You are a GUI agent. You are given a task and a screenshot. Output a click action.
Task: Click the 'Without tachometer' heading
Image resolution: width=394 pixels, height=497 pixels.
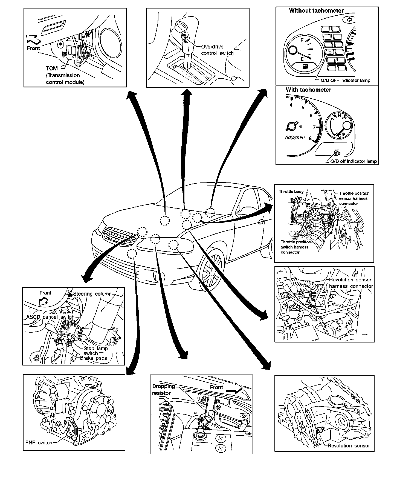pyautogui.click(x=316, y=11)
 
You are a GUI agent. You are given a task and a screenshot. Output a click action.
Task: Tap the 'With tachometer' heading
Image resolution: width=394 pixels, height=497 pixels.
pyautogui.click(x=308, y=90)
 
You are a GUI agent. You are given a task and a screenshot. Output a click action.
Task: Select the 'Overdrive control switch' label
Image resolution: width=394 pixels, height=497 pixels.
pyautogui.click(x=217, y=50)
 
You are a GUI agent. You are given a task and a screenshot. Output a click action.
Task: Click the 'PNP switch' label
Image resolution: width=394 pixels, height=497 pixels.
pyautogui.click(x=39, y=442)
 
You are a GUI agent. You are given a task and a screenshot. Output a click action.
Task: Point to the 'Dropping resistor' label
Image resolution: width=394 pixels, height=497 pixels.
pyautogui.click(x=163, y=390)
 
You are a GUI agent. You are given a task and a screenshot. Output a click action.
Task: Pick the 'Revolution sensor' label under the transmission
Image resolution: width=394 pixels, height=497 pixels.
pyautogui.click(x=349, y=446)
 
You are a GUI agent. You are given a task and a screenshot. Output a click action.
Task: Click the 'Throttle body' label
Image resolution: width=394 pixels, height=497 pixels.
pyautogui.click(x=291, y=192)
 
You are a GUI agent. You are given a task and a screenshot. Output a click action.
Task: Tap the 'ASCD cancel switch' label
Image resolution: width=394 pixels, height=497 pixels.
pyautogui.click(x=50, y=317)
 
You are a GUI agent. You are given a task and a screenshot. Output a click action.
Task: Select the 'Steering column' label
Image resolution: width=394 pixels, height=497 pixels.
pyautogui.click(x=92, y=294)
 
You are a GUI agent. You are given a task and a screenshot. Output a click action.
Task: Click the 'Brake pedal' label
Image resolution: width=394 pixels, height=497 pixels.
pyautogui.click(x=94, y=358)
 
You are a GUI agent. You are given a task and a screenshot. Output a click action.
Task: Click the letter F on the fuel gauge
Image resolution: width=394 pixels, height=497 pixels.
pyautogui.click(x=302, y=40)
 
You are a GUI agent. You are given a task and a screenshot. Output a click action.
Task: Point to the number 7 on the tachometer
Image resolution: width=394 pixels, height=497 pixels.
pyautogui.click(x=314, y=127)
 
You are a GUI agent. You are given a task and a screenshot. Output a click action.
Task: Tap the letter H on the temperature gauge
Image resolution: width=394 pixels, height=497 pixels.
pyautogui.click(x=339, y=115)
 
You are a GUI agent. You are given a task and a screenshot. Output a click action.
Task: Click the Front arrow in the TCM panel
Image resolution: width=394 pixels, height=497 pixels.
pyautogui.click(x=34, y=40)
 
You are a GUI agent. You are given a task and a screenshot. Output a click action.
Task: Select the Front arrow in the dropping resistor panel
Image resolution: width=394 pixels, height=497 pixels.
pyautogui.click(x=234, y=388)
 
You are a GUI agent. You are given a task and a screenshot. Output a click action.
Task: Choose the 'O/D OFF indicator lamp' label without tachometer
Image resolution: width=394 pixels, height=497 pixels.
pyautogui.click(x=345, y=81)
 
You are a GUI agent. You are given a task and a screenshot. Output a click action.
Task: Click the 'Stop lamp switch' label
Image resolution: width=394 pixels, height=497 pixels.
pyautogui.click(x=95, y=351)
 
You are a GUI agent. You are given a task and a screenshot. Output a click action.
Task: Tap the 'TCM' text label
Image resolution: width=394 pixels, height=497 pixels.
pyautogui.click(x=52, y=68)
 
